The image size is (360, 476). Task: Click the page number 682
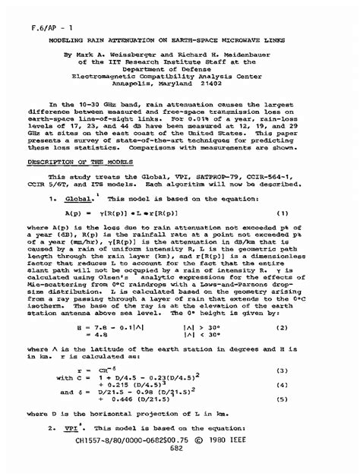pos(178,470)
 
